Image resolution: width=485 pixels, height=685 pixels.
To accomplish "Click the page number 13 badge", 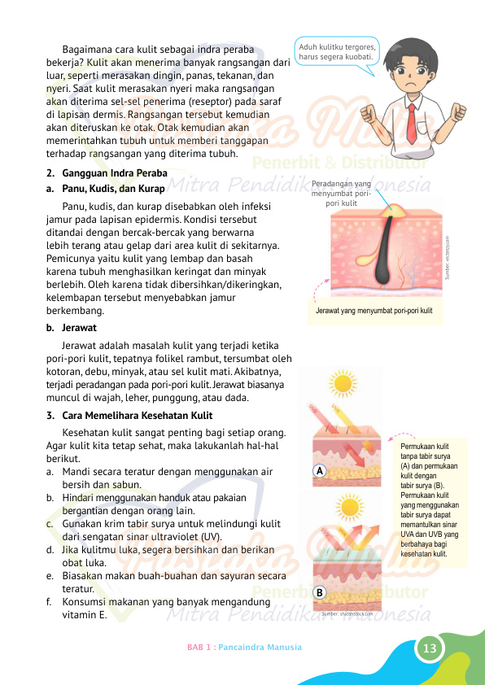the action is point(430,648).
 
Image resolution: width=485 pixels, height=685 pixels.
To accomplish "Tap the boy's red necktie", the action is point(412,120).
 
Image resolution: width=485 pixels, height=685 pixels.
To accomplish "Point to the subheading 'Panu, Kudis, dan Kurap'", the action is point(113,189).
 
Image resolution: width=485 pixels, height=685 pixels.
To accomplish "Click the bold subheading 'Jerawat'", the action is point(80,328).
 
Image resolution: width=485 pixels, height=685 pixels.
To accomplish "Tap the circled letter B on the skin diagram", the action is point(320,593).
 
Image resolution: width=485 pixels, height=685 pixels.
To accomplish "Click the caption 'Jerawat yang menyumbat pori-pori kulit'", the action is point(374,312).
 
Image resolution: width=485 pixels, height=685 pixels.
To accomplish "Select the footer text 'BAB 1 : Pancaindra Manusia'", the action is point(244,648).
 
